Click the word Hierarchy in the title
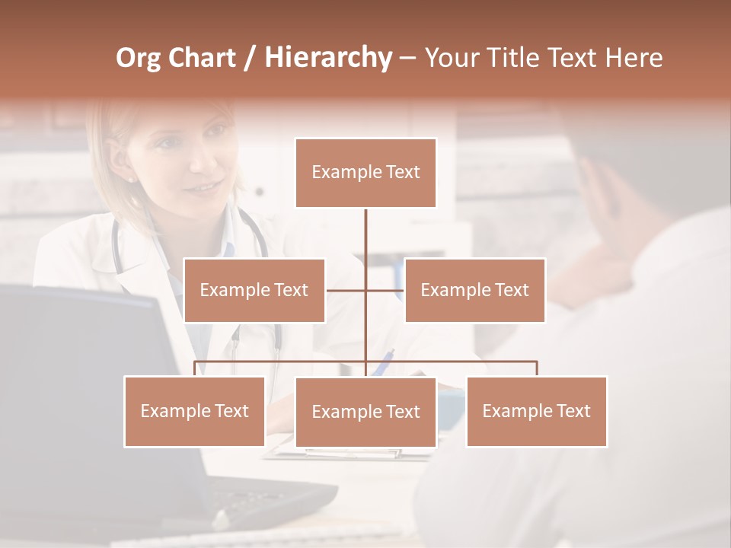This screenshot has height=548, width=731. [x=327, y=58]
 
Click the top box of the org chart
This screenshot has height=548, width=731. [x=365, y=173]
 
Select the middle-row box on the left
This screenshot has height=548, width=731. [x=254, y=290]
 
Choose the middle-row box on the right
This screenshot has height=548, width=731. [x=474, y=290]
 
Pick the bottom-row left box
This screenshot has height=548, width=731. [x=195, y=411]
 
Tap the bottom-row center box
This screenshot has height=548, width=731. [x=365, y=412]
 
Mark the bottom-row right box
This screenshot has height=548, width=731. [x=536, y=411]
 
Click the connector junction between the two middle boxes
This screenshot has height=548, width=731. [x=365, y=290]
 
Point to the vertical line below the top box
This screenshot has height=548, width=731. [x=365, y=236]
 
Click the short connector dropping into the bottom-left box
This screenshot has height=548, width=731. [x=195, y=368]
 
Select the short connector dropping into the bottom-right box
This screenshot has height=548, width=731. [x=536, y=368]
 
